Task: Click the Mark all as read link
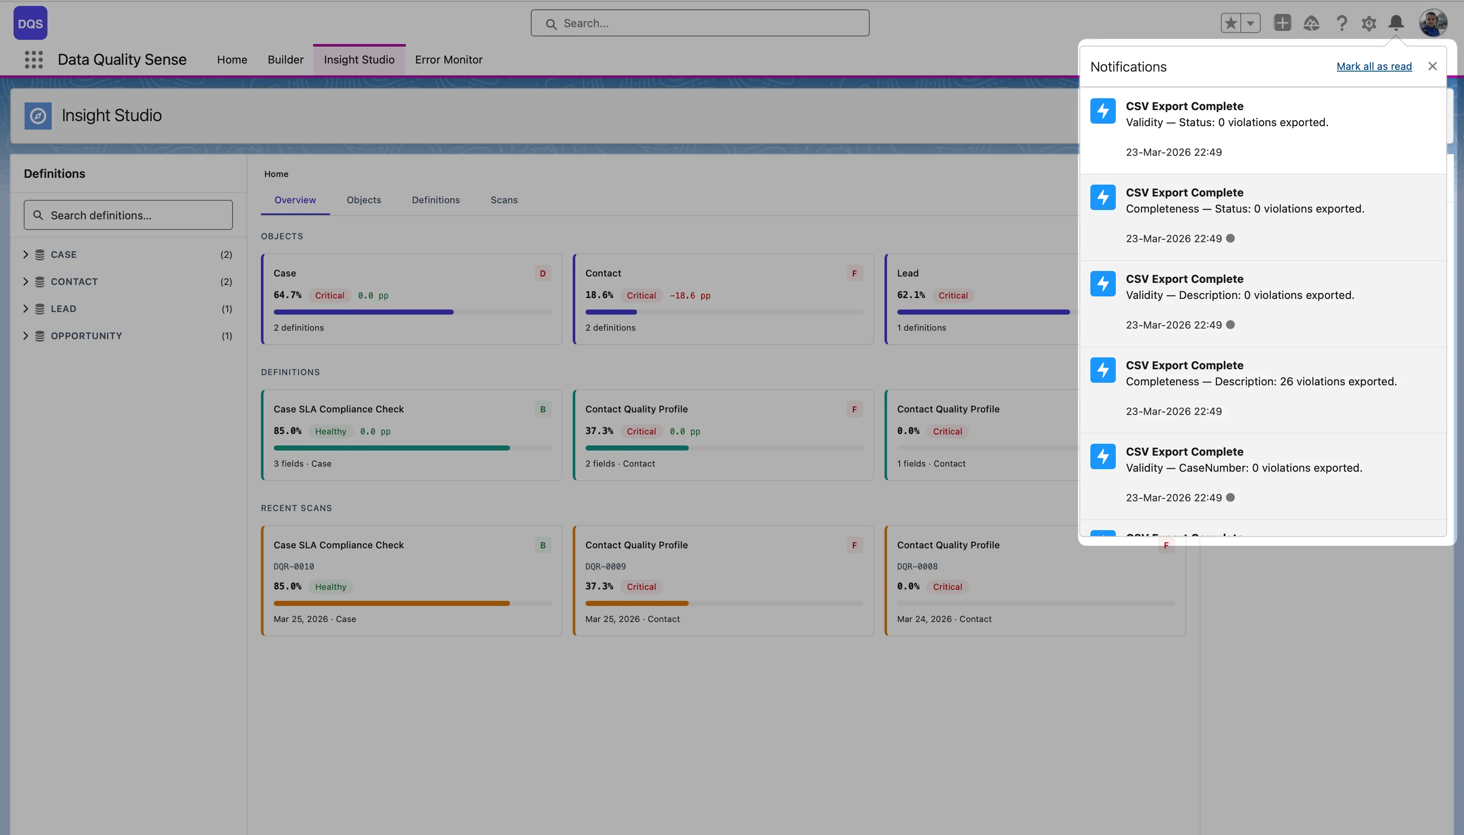tap(1373, 66)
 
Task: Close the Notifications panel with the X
tap(1432, 66)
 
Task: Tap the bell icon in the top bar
tap(1396, 23)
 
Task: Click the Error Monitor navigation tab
tap(448, 60)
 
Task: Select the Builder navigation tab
tap(285, 60)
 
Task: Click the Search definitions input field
tap(128, 215)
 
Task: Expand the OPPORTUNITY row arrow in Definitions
tap(26, 335)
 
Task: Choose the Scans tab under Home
tap(504, 199)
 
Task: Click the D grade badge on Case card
tap(542, 274)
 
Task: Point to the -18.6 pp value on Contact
tap(690, 296)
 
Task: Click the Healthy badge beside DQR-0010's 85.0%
tap(330, 587)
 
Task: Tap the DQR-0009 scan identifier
tap(605, 567)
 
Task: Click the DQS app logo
tap(30, 23)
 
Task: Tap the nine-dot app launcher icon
tap(34, 60)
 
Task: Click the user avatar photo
tap(1433, 23)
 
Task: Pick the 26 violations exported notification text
tap(1261, 382)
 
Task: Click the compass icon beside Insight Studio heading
tap(38, 116)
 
